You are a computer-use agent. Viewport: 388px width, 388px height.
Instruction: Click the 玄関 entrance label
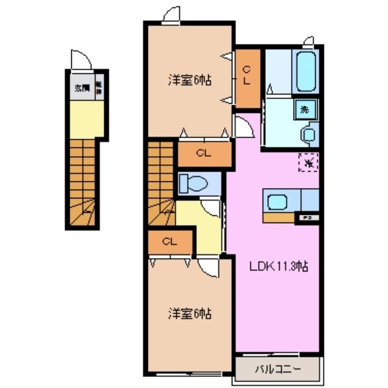tap(82, 88)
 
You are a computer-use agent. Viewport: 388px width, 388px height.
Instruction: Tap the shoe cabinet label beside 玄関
tap(98, 88)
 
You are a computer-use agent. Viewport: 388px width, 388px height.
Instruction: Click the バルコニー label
tap(278, 370)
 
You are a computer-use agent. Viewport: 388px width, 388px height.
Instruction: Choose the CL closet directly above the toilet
tap(204, 154)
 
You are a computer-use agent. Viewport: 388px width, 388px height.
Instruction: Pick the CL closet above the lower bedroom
tap(169, 241)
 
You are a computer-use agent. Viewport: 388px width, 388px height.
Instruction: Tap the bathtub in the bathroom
tap(306, 72)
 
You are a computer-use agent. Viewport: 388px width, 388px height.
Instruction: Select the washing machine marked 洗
tap(305, 109)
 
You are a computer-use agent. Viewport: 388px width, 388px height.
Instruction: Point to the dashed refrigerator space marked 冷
tap(308, 162)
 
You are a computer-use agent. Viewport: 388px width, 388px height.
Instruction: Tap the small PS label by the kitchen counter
tap(307, 219)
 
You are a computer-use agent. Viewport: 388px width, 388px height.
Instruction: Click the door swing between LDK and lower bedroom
tap(210, 267)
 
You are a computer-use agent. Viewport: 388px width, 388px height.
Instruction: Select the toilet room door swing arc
tap(211, 208)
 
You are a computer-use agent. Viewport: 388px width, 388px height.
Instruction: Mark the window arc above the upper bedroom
tap(171, 16)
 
